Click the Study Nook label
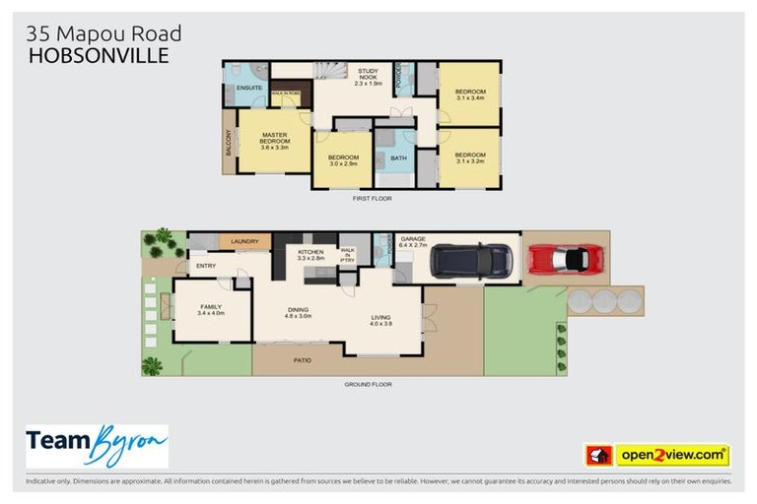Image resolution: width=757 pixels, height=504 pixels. tap(369, 76)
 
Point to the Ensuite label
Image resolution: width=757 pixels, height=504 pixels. tap(249, 88)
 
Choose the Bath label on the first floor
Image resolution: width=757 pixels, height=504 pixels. tap(398, 157)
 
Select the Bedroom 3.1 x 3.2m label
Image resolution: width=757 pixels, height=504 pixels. tap(470, 158)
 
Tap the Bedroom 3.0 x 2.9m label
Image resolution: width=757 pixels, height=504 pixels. tap(343, 161)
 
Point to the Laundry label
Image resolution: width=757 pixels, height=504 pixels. tap(244, 241)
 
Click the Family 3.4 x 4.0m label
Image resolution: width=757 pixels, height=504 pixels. tap(211, 310)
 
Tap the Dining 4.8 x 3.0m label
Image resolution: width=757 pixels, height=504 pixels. tap(298, 313)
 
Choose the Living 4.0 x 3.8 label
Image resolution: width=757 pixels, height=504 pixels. tap(380, 321)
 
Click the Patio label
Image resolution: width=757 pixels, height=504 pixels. tap(302, 360)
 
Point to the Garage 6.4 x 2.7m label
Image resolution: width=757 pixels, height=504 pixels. tap(412, 242)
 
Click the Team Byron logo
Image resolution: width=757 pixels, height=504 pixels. tap(97, 446)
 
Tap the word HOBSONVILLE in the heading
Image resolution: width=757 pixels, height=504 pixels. tap(99, 56)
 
